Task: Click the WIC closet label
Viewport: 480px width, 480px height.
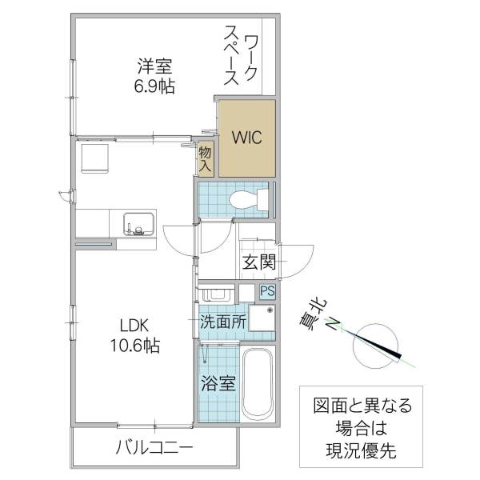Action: (247, 137)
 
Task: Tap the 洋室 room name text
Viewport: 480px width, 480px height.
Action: (154, 65)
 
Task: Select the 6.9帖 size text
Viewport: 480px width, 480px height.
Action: (154, 85)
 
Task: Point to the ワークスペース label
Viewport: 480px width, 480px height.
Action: (240, 55)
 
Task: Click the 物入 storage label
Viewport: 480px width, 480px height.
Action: (206, 159)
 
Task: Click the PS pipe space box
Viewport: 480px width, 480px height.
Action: (266, 294)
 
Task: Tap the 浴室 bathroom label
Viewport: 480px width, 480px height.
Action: (218, 382)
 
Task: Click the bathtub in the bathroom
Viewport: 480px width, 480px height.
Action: (258, 386)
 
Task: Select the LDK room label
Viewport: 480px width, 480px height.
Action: (134, 326)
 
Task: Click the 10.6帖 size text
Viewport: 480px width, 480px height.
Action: (134, 346)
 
